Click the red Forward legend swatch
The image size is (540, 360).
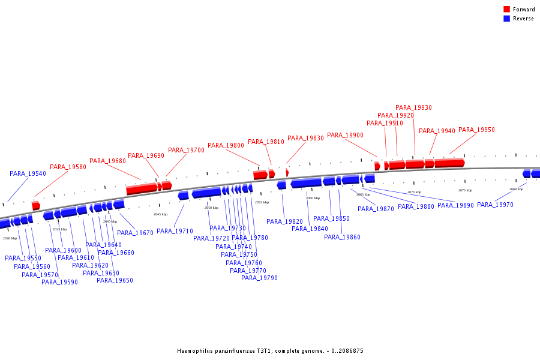pyautogui.click(x=506, y=9)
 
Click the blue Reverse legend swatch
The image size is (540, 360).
pyautogui.click(x=506, y=19)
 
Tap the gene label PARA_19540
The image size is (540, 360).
pyautogui.click(x=28, y=173)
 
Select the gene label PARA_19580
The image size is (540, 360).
pyautogui.click(x=68, y=167)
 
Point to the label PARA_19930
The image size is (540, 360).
pyautogui.click(x=413, y=108)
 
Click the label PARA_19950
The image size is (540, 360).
pyautogui.click(x=476, y=130)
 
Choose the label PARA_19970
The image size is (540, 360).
pyautogui.click(x=495, y=205)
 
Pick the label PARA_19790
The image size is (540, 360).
pyautogui.click(x=259, y=278)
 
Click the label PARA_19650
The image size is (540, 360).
pyautogui.click(x=115, y=280)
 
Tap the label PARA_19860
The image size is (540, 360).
pyautogui.click(x=342, y=237)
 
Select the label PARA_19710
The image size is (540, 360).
pyautogui.click(x=175, y=231)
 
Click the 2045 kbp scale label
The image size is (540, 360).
pyautogui.click(x=160, y=214)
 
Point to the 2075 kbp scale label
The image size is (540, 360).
pyautogui.click(x=465, y=190)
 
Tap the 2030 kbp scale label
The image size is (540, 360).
pyautogui.click(x=10, y=238)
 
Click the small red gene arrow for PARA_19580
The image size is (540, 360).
pyautogui.click(x=36, y=206)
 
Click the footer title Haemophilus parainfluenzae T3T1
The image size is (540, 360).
pyautogui.click(x=270, y=351)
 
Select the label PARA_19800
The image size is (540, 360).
pyautogui.click(x=226, y=145)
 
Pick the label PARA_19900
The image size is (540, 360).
pyautogui.click(x=345, y=136)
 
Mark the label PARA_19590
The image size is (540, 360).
pyautogui.click(x=59, y=282)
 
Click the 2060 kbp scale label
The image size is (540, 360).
pyautogui.click(x=313, y=198)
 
